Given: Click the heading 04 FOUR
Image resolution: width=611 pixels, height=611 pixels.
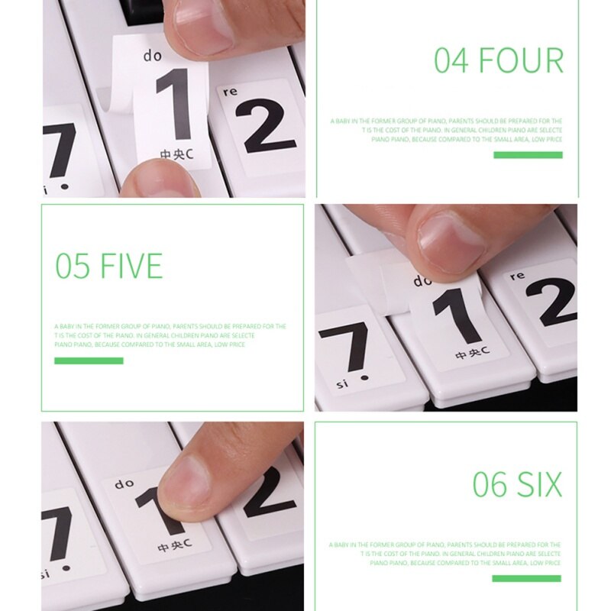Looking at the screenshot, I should (499, 61).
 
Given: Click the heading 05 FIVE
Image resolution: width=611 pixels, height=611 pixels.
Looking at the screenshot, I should (109, 266).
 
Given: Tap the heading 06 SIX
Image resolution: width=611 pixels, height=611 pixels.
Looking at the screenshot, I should (517, 485).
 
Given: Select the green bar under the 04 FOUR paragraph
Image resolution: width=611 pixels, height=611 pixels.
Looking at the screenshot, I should (528, 155).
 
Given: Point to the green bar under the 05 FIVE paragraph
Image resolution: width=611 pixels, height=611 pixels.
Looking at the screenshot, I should (89, 360).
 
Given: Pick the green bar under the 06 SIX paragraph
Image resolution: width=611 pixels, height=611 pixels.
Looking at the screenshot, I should (526, 578).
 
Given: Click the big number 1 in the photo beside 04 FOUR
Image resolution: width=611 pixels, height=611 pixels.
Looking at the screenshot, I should (174, 105).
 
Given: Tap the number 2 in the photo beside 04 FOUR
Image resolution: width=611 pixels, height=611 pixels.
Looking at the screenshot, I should (264, 125).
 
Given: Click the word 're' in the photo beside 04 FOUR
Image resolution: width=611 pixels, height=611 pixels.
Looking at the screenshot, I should (230, 91).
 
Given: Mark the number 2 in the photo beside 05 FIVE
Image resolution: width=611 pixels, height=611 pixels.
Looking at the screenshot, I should (550, 301).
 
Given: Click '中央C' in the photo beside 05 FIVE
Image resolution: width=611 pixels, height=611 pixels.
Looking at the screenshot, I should (471, 353).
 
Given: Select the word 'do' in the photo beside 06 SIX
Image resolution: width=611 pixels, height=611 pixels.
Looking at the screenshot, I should (124, 483).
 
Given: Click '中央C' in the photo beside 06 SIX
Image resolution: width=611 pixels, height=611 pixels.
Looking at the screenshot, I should (173, 548).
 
